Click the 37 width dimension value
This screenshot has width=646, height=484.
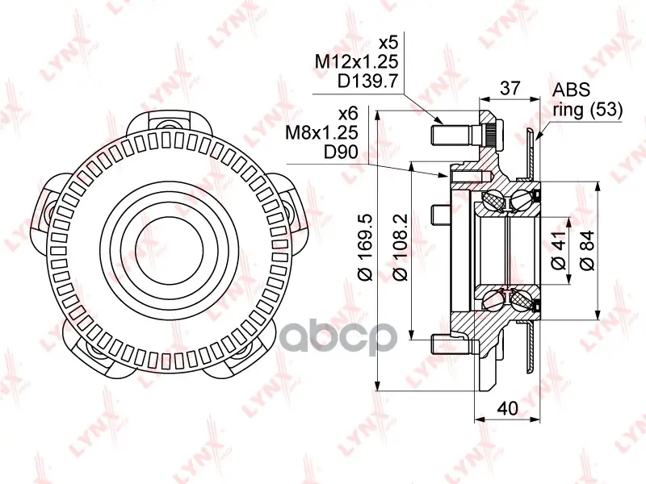click(510, 89)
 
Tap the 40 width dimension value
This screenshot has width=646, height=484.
click(507, 408)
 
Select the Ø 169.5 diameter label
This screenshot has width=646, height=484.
click(366, 248)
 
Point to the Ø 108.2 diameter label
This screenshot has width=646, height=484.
click(401, 248)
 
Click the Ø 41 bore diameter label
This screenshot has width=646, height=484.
click(559, 252)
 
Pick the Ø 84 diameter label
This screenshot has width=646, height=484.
click(587, 251)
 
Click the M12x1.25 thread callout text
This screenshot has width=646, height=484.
click(357, 62)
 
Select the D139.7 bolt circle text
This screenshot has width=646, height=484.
click(368, 81)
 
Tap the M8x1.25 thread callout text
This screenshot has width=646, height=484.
click(321, 132)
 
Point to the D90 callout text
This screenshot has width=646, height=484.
click(341, 152)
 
